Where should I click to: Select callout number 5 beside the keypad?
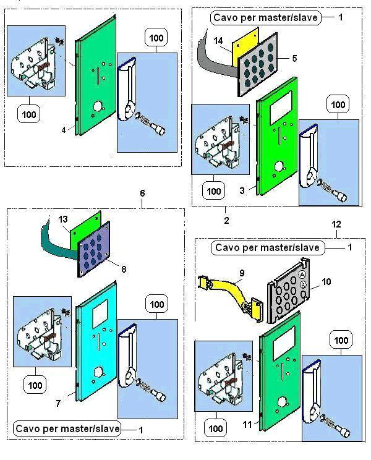coord(295,59)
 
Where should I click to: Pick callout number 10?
coord(326,283)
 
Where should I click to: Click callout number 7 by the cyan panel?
coord(58,403)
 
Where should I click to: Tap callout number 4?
coord(63,130)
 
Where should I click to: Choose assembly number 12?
coord(336,226)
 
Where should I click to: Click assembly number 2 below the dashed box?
coord(226,219)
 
